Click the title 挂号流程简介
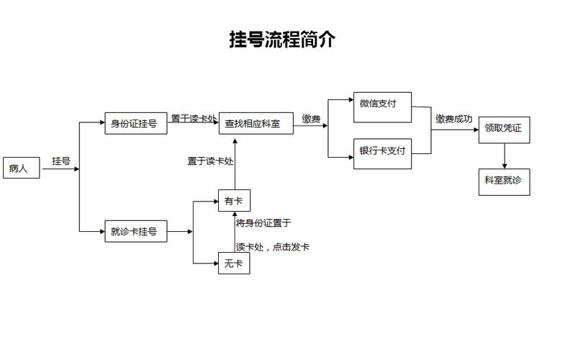click(x=282, y=40)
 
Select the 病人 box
click(x=20, y=168)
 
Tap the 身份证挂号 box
click(x=135, y=123)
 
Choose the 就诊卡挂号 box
click(x=135, y=232)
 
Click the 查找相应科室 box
click(x=257, y=123)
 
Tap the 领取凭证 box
click(x=504, y=128)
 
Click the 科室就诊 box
click(x=504, y=181)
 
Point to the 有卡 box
click(x=234, y=201)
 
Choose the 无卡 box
click(x=234, y=264)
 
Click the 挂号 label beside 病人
click(x=61, y=161)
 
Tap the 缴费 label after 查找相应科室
click(x=311, y=120)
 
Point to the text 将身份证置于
click(x=263, y=223)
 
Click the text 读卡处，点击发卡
click(x=273, y=247)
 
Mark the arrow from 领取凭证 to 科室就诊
click(x=504, y=156)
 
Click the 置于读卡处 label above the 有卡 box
click(x=211, y=161)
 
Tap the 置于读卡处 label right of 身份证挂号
click(x=194, y=117)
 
